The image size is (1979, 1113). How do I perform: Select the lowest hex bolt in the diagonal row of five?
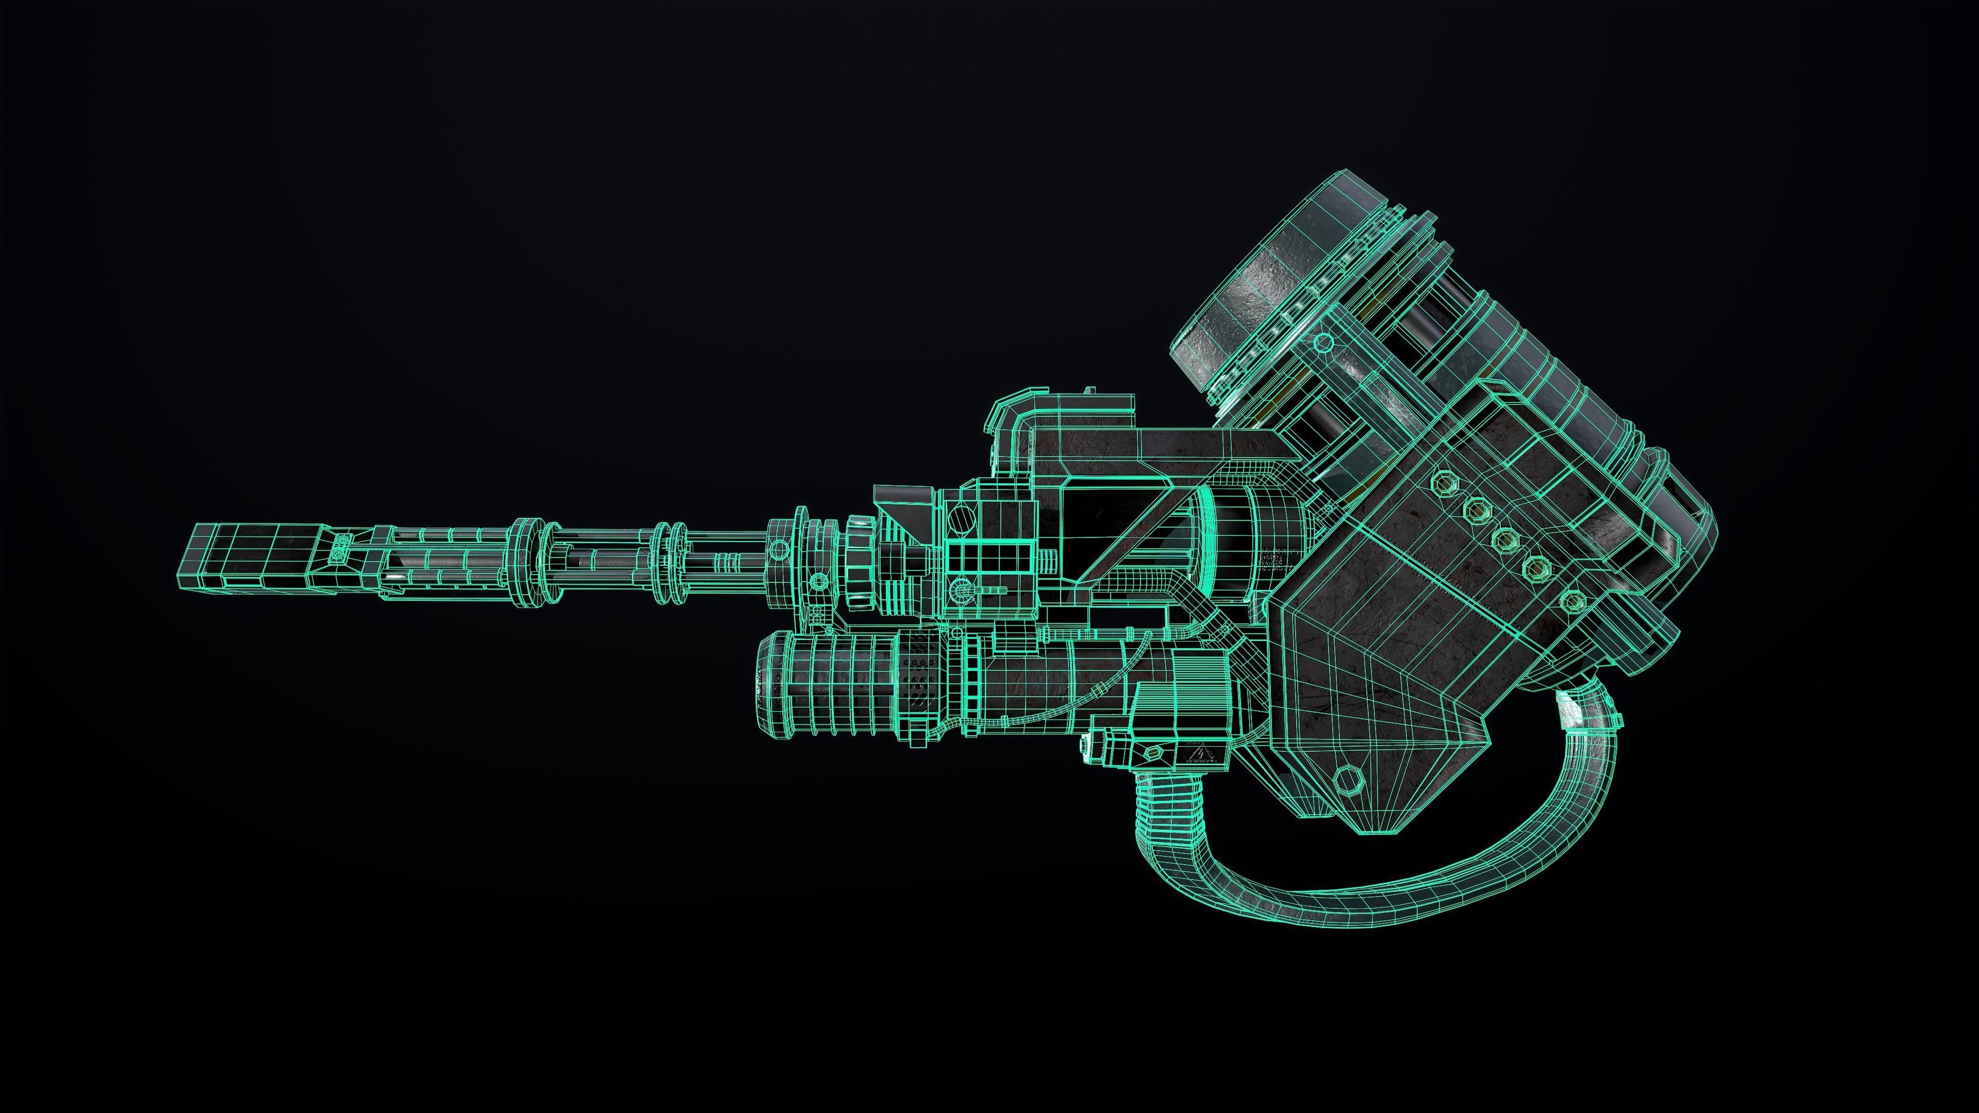pyautogui.click(x=1569, y=601)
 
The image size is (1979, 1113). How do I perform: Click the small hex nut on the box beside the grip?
pyautogui.click(x=1152, y=753)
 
